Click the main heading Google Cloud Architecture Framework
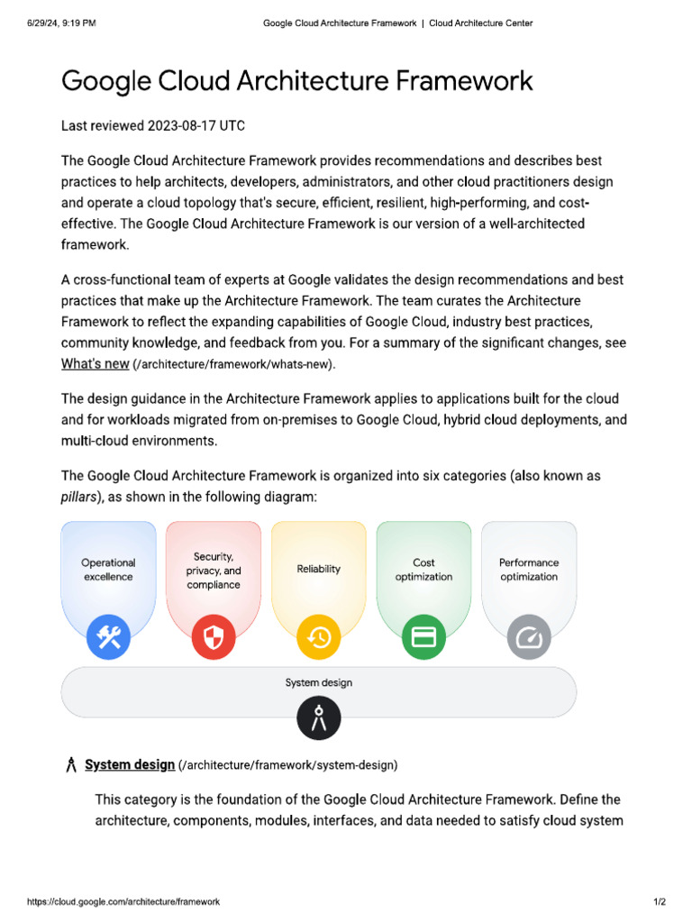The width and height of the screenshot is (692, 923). (x=296, y=81)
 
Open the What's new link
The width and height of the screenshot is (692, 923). (x=95, y=363)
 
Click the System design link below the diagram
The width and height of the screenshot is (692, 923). (x=130, y=764)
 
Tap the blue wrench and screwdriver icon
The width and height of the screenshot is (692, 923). (x=108, y=638)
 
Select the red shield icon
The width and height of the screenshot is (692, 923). (x=214, y=638)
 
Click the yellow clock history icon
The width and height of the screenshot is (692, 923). (x=319, y=638)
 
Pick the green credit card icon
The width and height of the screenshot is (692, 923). (x=423, y=638)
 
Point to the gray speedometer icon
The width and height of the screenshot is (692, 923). (x=529, y=638)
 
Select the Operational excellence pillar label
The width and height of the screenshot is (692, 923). (x=108, y=570)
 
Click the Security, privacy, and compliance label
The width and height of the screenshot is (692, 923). (x=214, y=571)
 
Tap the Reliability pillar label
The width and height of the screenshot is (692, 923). (x=319, y=569)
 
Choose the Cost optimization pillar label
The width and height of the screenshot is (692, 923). (x=423, y=570)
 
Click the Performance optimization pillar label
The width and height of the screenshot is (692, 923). (x=529, y=570)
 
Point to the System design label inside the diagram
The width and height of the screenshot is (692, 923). (x=319, y=682)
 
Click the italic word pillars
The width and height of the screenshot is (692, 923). (x=79, y=497)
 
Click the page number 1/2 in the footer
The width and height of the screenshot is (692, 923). (x=660, y=901)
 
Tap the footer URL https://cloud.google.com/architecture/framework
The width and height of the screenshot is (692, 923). (x=123, y=901)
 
